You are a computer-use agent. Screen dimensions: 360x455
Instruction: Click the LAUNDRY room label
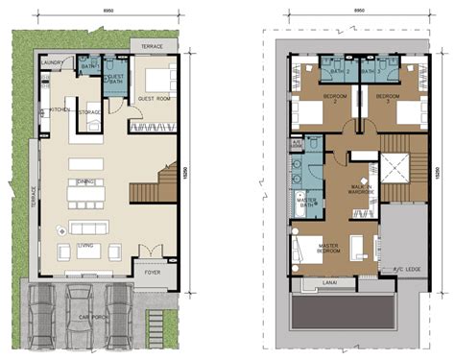[x=52, y=63]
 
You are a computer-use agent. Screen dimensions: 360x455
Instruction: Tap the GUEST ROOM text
[x=154, y=98]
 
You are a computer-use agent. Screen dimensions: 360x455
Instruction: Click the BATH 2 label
[x=339, y=72]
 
